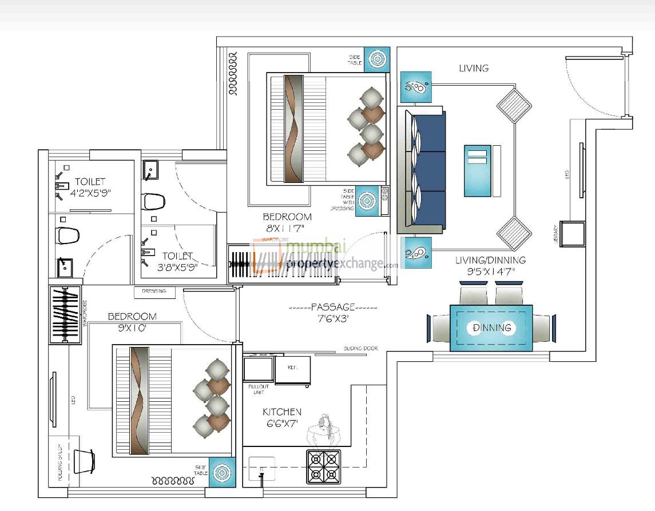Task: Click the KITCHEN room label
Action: (281, 412)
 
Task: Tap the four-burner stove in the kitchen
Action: (324, 466)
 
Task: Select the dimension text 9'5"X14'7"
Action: (490, 272)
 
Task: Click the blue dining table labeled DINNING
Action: (491, 328)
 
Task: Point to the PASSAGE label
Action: (333, 307)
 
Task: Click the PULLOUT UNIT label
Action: (259, 390)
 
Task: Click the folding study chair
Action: (84, 461)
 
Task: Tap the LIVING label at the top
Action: (474, 68)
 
